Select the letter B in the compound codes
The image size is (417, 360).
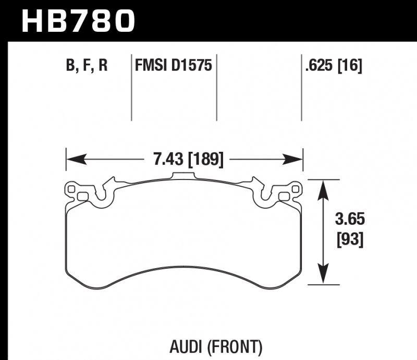(71, 66)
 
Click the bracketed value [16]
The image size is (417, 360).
(350, 66)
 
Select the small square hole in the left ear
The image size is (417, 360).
(81, 196)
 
